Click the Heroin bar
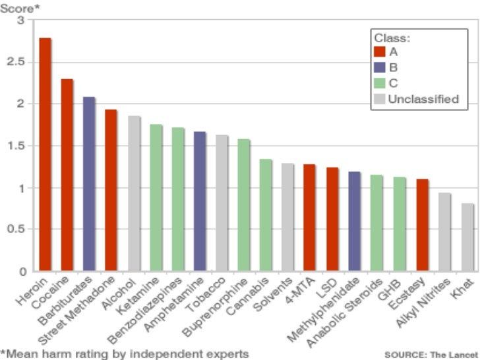point(45,155)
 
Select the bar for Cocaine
point(67,175)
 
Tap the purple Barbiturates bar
point(89,184)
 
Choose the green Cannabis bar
point(266,215)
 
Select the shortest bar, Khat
point(467,237)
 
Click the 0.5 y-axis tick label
point(20,229)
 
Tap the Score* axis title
point(18,8)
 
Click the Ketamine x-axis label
point(146,293)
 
